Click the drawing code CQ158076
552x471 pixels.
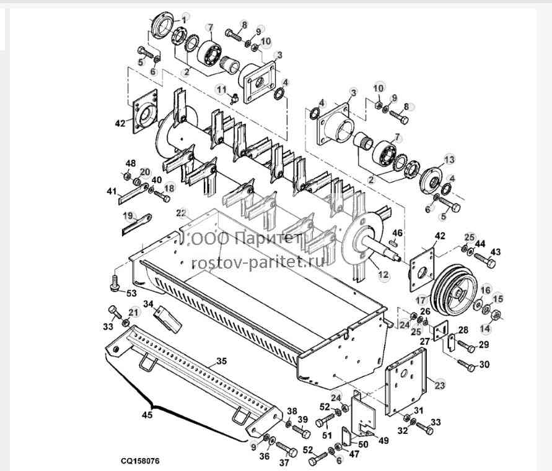click(140, 460)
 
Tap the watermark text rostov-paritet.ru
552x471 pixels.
click(257, 262)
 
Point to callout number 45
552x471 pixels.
click(147, 415)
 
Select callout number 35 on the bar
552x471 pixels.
click(221, 361)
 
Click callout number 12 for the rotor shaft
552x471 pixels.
click(383, 274)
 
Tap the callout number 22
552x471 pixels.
click(182, 213)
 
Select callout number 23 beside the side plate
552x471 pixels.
click(440, 385)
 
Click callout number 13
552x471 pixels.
click(450, 160)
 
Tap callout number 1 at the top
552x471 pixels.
click(185, 17)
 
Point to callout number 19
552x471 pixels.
click(128, 215)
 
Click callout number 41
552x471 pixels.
click(112, 192)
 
